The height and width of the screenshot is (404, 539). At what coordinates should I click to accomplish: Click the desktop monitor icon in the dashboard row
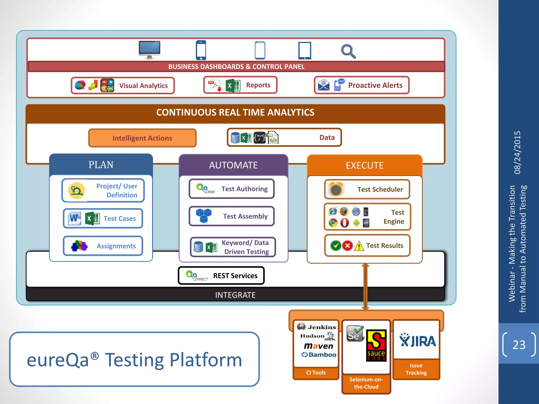tap(149, 50)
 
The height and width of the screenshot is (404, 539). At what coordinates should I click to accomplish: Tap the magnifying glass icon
tap(348, 51)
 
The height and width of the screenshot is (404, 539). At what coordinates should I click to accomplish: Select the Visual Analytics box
tap(123, 85)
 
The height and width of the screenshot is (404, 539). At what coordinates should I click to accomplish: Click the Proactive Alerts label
tap(375, 85)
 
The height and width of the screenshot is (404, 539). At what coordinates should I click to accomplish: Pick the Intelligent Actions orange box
tap(142, 138)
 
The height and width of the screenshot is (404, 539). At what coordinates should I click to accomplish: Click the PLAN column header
tap(101, 165)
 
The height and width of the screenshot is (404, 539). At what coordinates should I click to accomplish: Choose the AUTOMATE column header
tap(233, 165)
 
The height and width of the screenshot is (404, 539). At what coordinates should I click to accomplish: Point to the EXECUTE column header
tap(365, 165)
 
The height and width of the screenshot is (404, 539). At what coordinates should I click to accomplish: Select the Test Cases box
tap(103, 218)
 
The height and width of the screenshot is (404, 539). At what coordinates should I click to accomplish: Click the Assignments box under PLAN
tap(103, 246)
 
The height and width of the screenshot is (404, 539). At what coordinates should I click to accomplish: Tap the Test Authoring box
tap(232, 189)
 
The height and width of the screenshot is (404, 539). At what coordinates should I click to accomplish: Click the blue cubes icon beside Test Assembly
tap(204, 215)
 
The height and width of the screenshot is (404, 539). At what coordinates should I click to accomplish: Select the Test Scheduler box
tap(367, 189)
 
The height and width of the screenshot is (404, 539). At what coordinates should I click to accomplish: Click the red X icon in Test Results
tap(347, 246)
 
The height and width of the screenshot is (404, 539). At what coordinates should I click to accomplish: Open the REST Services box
tap(221, 276)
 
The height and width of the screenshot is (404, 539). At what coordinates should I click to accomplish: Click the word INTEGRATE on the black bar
tap(235, 295)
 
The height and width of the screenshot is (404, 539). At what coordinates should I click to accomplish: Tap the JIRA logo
tap(417, 341)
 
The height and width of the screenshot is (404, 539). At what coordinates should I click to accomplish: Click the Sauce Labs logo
tap(376, 345)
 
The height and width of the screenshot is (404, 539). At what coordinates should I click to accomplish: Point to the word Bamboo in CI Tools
tap(322, 355)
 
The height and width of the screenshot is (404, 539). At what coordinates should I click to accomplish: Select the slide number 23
tap(519, 345)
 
